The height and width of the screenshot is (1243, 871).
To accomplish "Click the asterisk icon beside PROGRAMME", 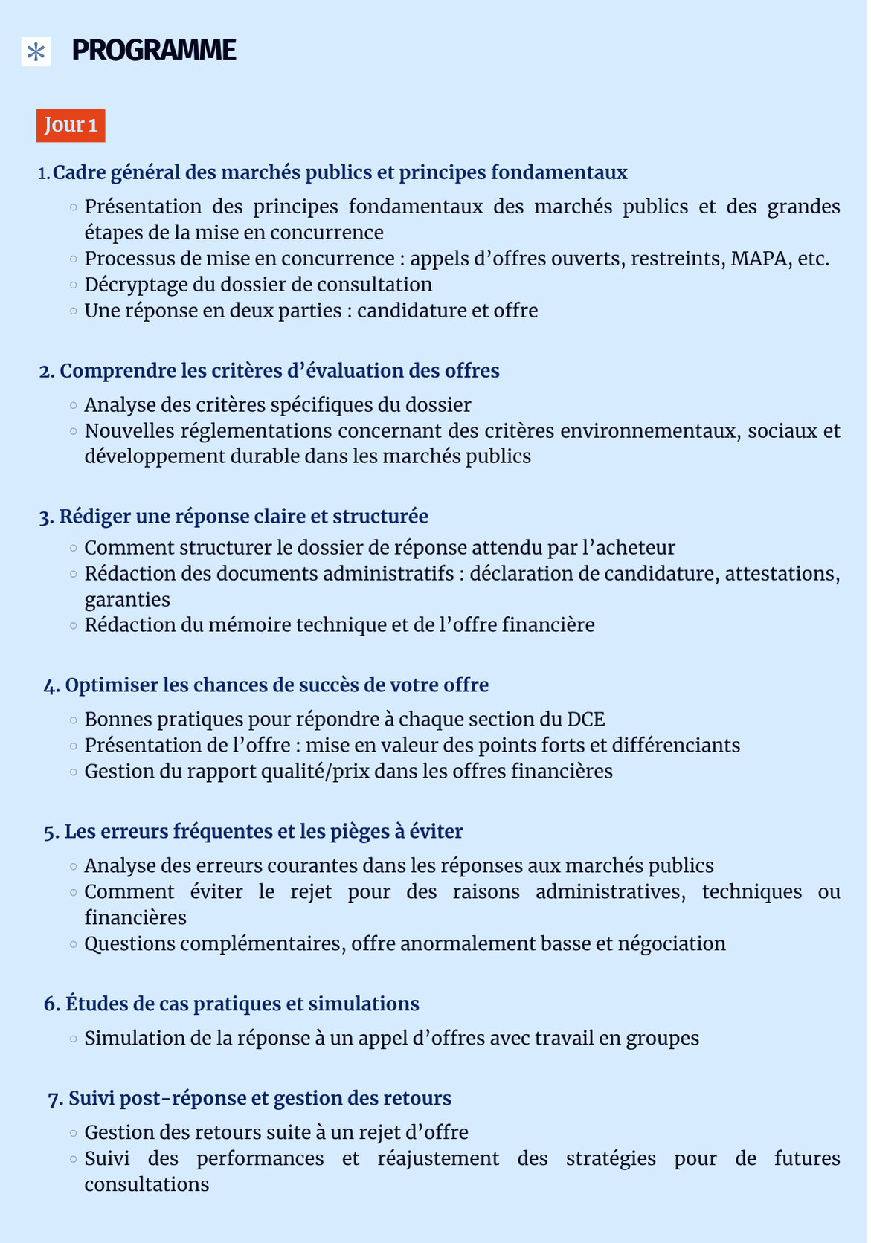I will (x=36, y=52).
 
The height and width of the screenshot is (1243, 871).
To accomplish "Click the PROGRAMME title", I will (x=154, y=51).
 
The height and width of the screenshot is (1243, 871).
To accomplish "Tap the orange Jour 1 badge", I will (x=71, y=125).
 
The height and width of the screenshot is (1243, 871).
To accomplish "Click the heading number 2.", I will (x=47, y=371).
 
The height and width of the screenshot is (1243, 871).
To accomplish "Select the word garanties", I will (x=127, y=600).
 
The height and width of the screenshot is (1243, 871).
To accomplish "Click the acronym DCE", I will (x=586, y=720).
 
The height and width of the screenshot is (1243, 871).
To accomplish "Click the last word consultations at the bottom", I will (x=147, y=1185).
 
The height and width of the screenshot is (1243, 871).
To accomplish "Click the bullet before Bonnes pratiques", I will (x=73, y=720).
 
